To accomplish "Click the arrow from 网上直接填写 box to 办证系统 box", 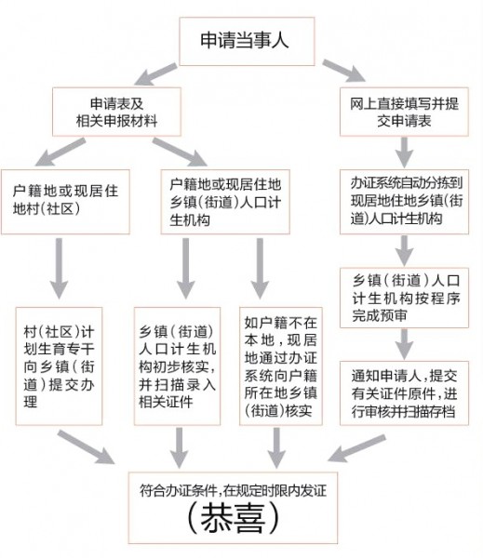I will [x=403, y=149].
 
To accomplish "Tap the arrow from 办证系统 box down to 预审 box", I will [x=403, y=248].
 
